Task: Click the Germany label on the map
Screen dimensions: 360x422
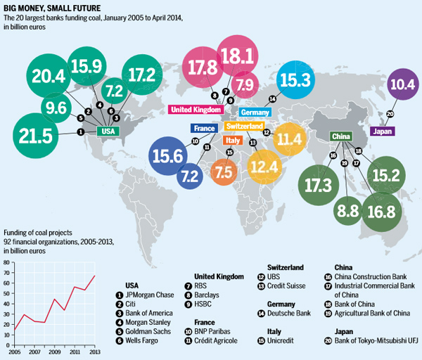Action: coord(256,112)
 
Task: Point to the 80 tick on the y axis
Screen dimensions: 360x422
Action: coord(7,262)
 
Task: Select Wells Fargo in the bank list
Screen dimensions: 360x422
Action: coord(144,340)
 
